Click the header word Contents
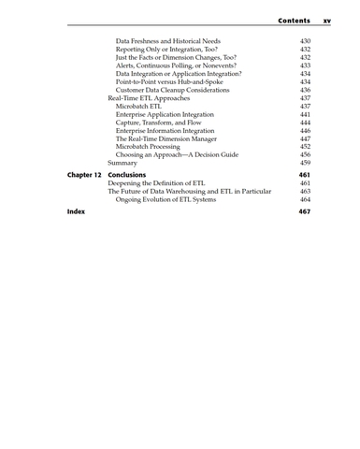tap(294, 20)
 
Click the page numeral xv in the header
tap(327, 20)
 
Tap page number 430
tap(305, 41)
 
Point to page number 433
tap(305, 65)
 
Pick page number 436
tap(305, 90)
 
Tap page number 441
tap(305, 114)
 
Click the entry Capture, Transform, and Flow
tap(161, 123)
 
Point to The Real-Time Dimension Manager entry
tap(171, 138)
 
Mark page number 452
tap(305, 147)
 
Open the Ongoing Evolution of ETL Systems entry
tap(173, 199)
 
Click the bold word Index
tap(76, 212)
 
